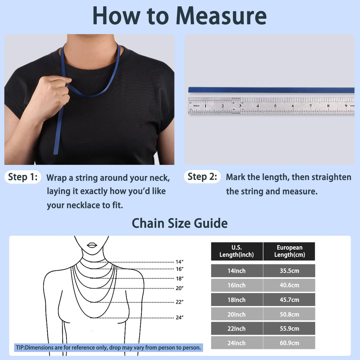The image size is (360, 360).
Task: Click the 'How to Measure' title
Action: (x=180, y=15)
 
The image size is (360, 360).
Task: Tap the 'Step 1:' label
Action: (x=23, y=177)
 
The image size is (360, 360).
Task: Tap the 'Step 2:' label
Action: (x=202, y=177)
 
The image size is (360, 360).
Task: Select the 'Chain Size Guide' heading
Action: (x=180, y=223)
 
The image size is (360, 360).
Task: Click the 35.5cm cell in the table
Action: (x=289, y=271)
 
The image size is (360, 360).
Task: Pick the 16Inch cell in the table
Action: (x=237, y=285)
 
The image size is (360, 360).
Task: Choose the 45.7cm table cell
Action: (x=289, y=300)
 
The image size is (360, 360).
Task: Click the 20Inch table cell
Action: (x=237, y=314)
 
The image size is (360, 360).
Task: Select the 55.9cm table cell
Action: (x=289, y=329)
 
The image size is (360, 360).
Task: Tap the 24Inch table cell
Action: (x=237, y=343)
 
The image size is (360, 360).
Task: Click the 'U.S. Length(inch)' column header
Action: (x=237, y=251)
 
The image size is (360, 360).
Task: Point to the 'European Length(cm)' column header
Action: (x=289, y=251)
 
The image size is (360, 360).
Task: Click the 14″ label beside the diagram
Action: (x=180, y=262)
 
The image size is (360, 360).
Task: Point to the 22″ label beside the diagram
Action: (x=180, y=302)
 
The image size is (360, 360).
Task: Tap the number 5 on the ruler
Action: (x=275, y=106)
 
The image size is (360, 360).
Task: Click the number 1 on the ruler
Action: (x=205, y=106)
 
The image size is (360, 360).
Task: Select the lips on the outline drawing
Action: (x=92, y=245)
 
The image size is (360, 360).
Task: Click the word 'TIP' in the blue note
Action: (x=20, y=348)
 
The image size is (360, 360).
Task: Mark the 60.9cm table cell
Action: (x=289, y=343)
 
